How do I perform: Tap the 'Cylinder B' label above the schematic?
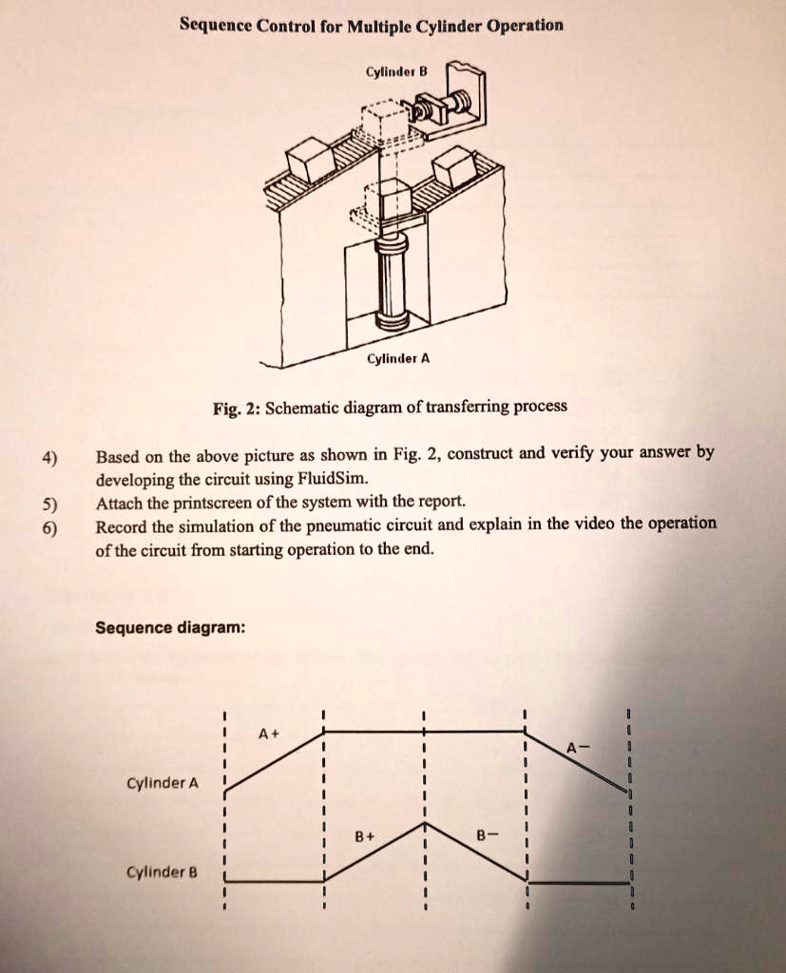pos(397,71)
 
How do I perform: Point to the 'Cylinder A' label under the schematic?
pos(398,359)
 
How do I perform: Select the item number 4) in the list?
pos(49,457)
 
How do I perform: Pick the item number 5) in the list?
pos(49,504)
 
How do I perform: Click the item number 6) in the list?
pos(49,528)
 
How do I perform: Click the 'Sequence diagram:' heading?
pos(171,628)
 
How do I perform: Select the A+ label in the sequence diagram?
pos(268,734)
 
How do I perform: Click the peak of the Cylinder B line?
pos(425,825)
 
